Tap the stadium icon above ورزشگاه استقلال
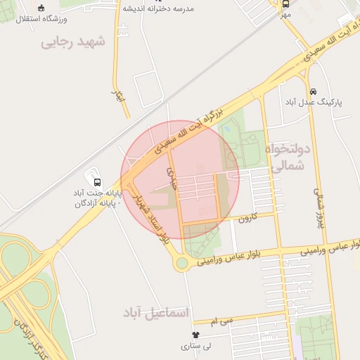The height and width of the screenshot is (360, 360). pos(41,8)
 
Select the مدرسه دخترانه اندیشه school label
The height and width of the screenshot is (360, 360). pos(158,9)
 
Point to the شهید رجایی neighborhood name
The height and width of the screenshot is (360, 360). pos(73,41)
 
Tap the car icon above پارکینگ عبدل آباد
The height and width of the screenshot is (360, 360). pos(312,91)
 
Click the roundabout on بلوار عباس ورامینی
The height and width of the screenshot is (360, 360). pos(183,264)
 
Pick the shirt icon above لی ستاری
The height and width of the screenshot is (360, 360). pos(195,335)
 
